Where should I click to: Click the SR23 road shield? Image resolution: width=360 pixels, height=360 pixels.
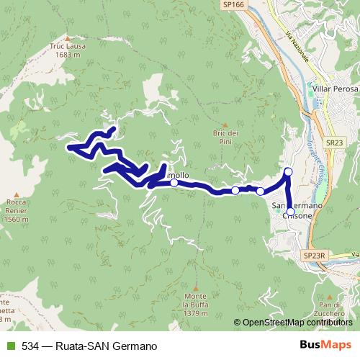(332, 143)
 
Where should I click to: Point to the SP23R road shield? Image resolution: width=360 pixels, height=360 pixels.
(315, 255)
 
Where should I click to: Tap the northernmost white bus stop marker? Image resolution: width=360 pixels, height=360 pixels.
(288, 171)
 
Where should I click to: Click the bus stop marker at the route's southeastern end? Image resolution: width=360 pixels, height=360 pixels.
(290, 212)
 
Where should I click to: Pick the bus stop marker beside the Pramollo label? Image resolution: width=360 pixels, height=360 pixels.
(174, 183)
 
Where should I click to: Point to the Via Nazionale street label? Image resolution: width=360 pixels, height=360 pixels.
(300, 48)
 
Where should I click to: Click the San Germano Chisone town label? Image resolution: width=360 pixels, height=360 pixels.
(297, 209)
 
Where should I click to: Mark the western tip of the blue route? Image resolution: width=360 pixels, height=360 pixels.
(69, 148)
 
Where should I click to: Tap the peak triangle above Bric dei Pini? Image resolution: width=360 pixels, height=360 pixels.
(225, 123)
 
